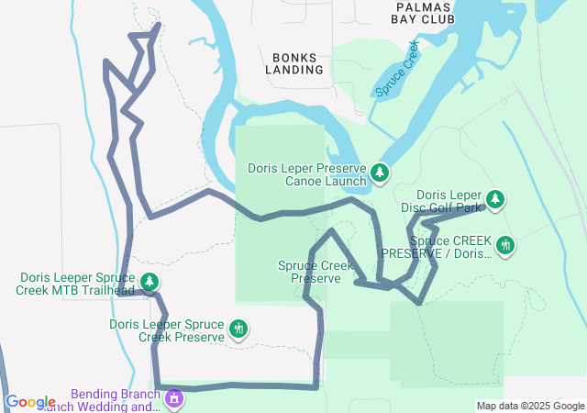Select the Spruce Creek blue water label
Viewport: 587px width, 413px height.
pyautogui.click(x=396, y=69)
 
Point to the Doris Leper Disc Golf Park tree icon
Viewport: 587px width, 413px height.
pyautogui.click(x=495, y=199)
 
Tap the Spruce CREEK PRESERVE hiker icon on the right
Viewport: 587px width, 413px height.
pyautogui.click(x=504, y=245)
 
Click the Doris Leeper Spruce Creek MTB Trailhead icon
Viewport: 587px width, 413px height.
pyautogui.click(x=150, y=282)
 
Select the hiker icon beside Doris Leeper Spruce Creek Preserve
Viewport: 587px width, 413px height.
pyautogui.click(x=239, y=329)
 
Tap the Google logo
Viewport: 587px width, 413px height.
pyautogui.click(x=30, y=402)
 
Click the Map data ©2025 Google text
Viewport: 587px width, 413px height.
pyautogui.click(x=530, y=407)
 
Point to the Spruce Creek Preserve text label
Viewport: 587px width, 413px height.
pyautogui.click(x=316, y=272)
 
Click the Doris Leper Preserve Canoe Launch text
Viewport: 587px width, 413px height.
pyautogui.click(x=307, y=174)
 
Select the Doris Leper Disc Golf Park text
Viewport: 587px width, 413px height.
pyautogui.click(x=449, y=201)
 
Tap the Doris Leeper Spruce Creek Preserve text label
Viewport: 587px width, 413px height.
pyautogui.click(x=167, y=330)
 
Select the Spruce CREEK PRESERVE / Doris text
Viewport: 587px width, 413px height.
pyautogui.click(x=436, y=247)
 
